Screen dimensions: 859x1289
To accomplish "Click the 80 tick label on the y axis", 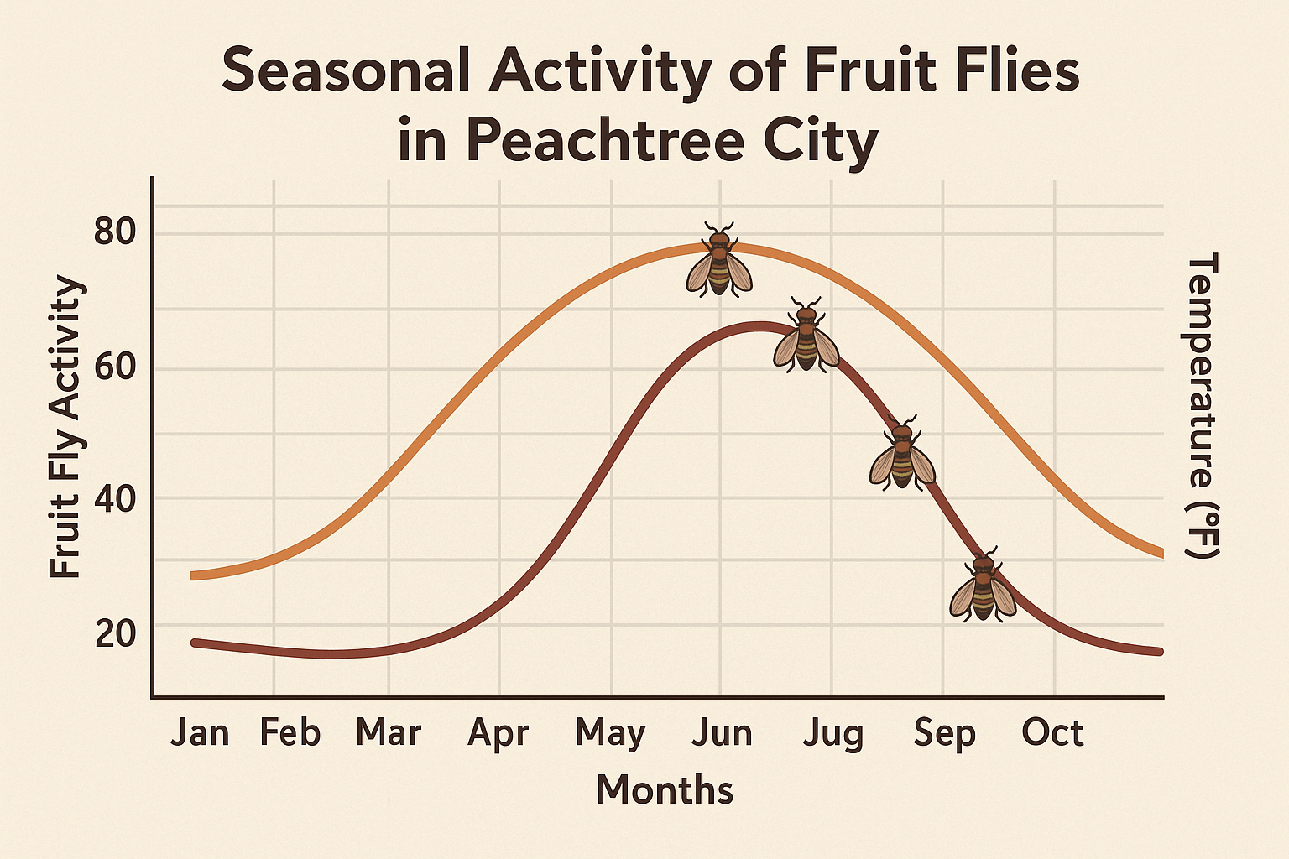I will (115, 232).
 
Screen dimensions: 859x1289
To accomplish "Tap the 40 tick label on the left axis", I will (115, 500).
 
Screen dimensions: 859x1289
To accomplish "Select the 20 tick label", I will (115, 634).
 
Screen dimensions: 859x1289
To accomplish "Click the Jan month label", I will (200, 733).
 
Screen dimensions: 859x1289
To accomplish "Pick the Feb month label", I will (290, 733).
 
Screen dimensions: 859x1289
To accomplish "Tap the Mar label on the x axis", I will (388, 733).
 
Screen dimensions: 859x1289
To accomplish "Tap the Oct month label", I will (1052, 733).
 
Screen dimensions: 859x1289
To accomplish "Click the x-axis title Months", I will (665, 790).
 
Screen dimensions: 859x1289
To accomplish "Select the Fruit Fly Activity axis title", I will (65, 428).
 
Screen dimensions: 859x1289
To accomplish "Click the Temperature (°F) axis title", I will (1201, 406).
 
